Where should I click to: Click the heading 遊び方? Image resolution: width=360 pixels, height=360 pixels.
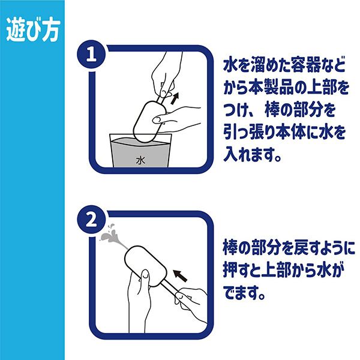click(33, 31)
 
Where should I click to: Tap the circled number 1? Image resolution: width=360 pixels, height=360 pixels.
click(91, 55)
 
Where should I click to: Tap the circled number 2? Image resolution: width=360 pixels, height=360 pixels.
click(91, 220)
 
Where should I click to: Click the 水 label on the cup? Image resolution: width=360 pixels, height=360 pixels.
click(140, 160)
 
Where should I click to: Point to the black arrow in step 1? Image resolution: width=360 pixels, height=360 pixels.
click(175, 98)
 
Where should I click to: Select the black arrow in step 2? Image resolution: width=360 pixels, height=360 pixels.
click(180, 275)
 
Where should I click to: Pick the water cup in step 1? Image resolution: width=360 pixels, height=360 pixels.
click(140, 151)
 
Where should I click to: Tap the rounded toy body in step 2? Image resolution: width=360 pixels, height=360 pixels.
click(147, 266)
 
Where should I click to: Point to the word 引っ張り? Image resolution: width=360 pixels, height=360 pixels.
click(249, 133)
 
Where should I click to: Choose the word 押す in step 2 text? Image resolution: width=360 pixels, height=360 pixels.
click(238, 271)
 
